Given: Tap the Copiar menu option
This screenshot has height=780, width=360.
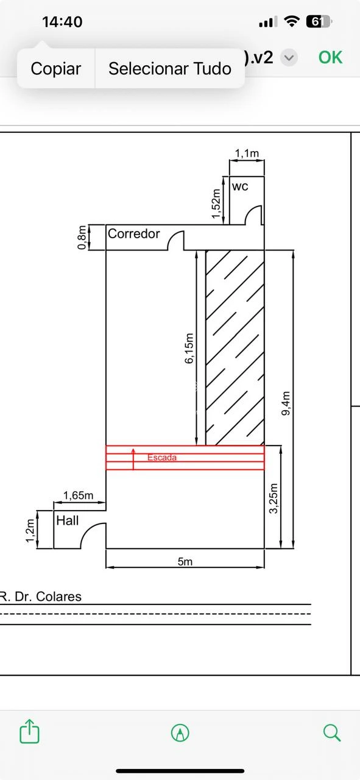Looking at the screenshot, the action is coord(55,68).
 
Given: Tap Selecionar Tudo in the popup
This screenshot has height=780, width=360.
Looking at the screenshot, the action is coord(170,68).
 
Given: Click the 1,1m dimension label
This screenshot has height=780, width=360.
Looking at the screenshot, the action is coord(247,153).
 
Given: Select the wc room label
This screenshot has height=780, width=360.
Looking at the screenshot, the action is coord(240,186).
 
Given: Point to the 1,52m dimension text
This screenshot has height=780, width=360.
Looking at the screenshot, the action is coord(216,204).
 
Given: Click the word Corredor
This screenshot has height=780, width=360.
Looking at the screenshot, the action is coord(133,233).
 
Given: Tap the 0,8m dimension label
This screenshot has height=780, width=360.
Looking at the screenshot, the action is coord(82,238).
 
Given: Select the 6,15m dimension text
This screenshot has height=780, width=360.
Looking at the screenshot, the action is coord(189,349).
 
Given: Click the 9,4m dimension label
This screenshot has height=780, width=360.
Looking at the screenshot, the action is coord(285,403).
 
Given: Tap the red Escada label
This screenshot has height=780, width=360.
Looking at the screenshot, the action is coord(162,458).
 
